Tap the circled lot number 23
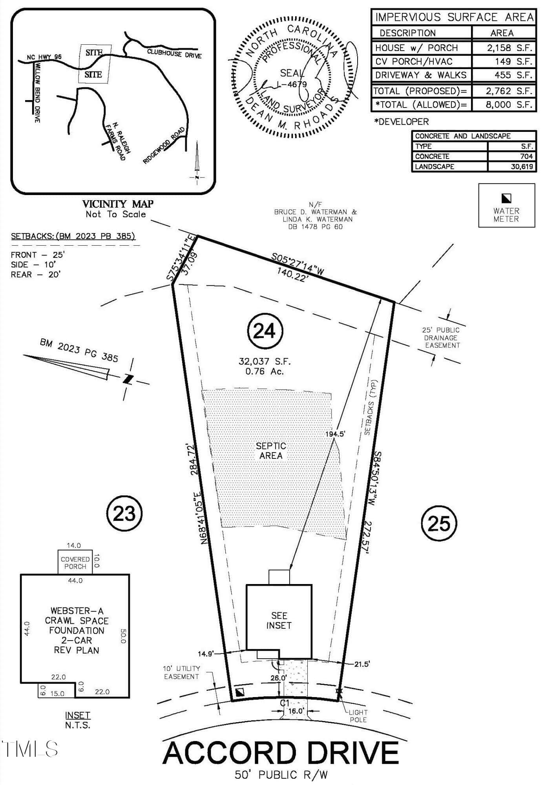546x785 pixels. [x=124, y=513]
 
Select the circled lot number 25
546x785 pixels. [x=439, y=523]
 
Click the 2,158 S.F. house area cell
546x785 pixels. [x=504, y=48]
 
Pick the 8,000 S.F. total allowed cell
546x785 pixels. [x=504, y=105]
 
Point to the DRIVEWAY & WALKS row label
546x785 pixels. [x=421, y=75]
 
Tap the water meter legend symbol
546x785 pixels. [x=506, y=198]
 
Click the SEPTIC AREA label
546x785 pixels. [x=271, y=451]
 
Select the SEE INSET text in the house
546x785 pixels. [x=279, y=621]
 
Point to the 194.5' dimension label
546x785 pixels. [x=335, y=434]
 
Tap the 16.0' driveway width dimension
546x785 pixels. [x=296, y=711]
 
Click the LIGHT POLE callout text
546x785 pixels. [x=358, y=716]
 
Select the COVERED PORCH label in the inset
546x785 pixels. [x=75, y=563]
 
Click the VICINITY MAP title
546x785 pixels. [x=118, y=204]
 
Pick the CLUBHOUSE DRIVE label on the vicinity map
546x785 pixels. [x=174, y=53]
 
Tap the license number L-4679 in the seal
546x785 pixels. [x=292, y=84]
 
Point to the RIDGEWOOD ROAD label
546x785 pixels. [x=164, y=145]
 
